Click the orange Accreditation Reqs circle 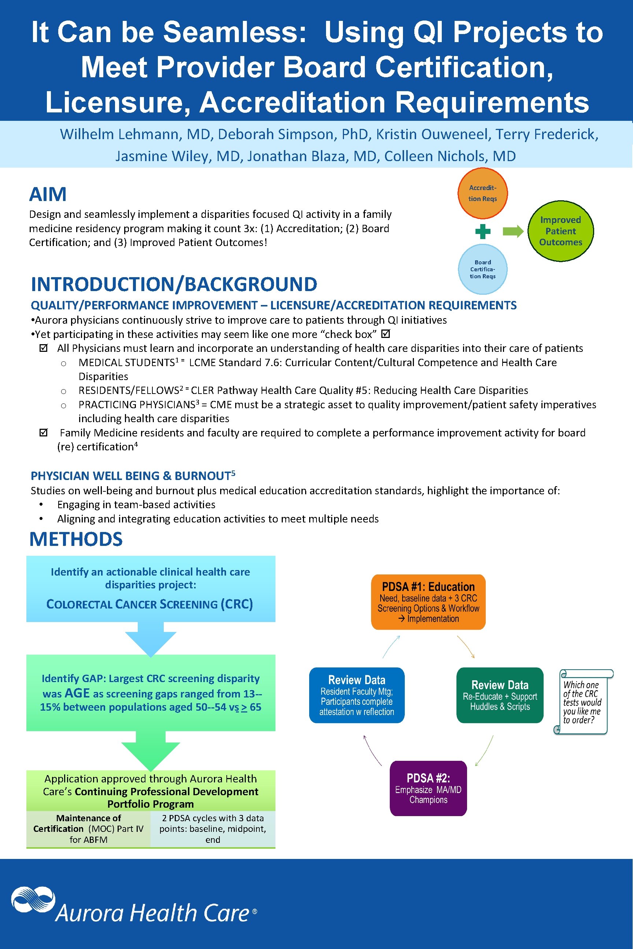click(482, 193)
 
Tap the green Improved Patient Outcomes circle click(560, 231)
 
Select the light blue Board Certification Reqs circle click(482, 269)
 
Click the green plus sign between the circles click(482, 232)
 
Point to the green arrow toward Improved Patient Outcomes click(513, 231)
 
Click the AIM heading click(48, 194)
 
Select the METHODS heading click(76, 539)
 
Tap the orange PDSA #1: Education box click(428, 602)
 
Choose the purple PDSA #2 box click(428, 788)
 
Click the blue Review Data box click(356, 695)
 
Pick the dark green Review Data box click(499, 695)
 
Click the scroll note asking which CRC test click(582, 702)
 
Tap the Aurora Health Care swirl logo click(32, 899)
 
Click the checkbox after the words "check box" click(385, 334)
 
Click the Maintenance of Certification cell click(88, 829)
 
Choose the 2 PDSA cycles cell click(213, 829)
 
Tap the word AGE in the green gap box click(77, 693)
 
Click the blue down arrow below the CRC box click(151, 637)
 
